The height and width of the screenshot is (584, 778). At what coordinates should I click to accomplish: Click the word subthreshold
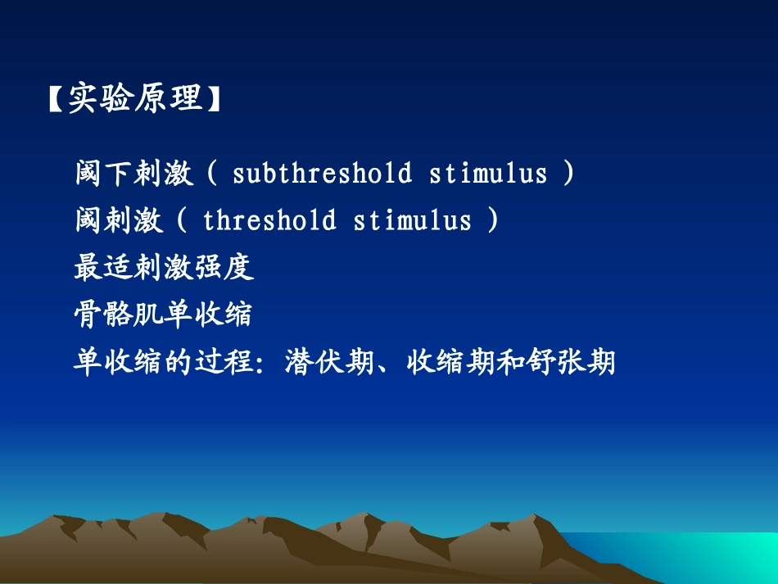coord(323,174)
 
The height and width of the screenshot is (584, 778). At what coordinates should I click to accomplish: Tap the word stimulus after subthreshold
coord(488,174)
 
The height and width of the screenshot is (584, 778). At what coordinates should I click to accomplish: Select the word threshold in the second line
coord(269,220)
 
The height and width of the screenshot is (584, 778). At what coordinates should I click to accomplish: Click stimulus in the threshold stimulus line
coord(413,220)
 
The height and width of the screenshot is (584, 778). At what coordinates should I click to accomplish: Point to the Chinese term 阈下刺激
coord(133,174)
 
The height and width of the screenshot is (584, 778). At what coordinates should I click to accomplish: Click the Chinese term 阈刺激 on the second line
coord(118,220)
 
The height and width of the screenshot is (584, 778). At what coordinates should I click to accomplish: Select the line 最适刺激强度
coord(163,267)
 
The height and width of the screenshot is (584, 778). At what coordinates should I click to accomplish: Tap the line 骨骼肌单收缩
coord(163,314)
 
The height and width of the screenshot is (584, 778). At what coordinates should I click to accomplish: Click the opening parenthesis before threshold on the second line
coord(182,220)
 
